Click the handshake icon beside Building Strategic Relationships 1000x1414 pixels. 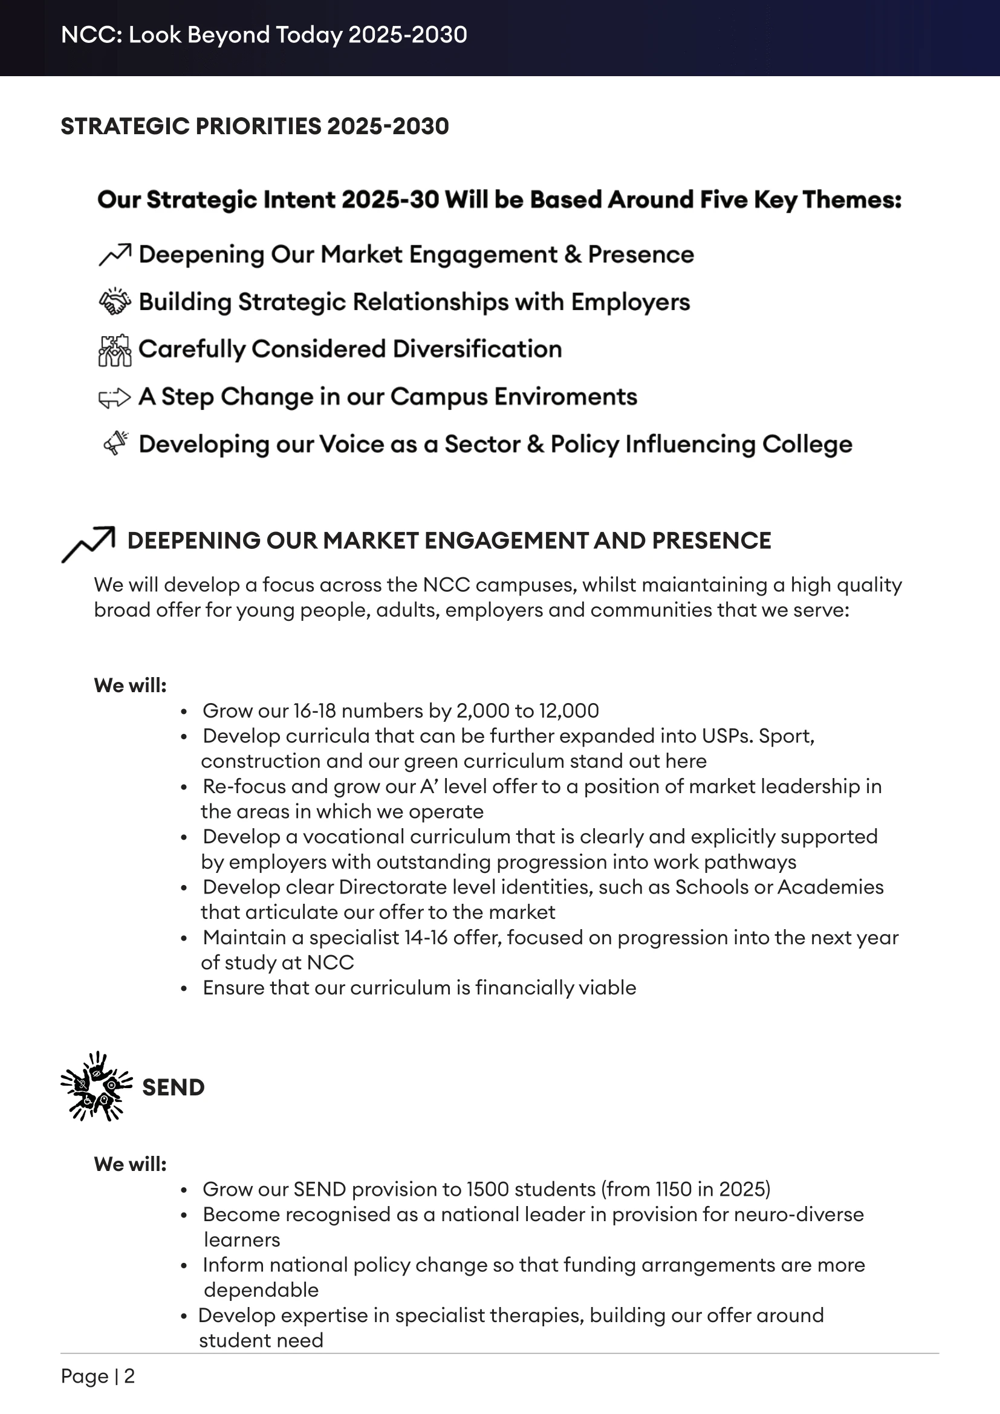(114, 302)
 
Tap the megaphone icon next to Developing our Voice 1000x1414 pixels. (115, 443)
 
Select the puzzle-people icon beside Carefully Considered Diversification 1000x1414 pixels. (114, 350)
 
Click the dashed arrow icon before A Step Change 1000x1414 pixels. (114, 398)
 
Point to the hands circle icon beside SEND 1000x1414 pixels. (97, 1086)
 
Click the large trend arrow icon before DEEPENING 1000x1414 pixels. (89, 544)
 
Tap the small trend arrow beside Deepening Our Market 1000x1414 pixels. (114, 255)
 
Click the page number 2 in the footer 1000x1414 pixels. (129, 1376)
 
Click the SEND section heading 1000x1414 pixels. (173, 1088)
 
